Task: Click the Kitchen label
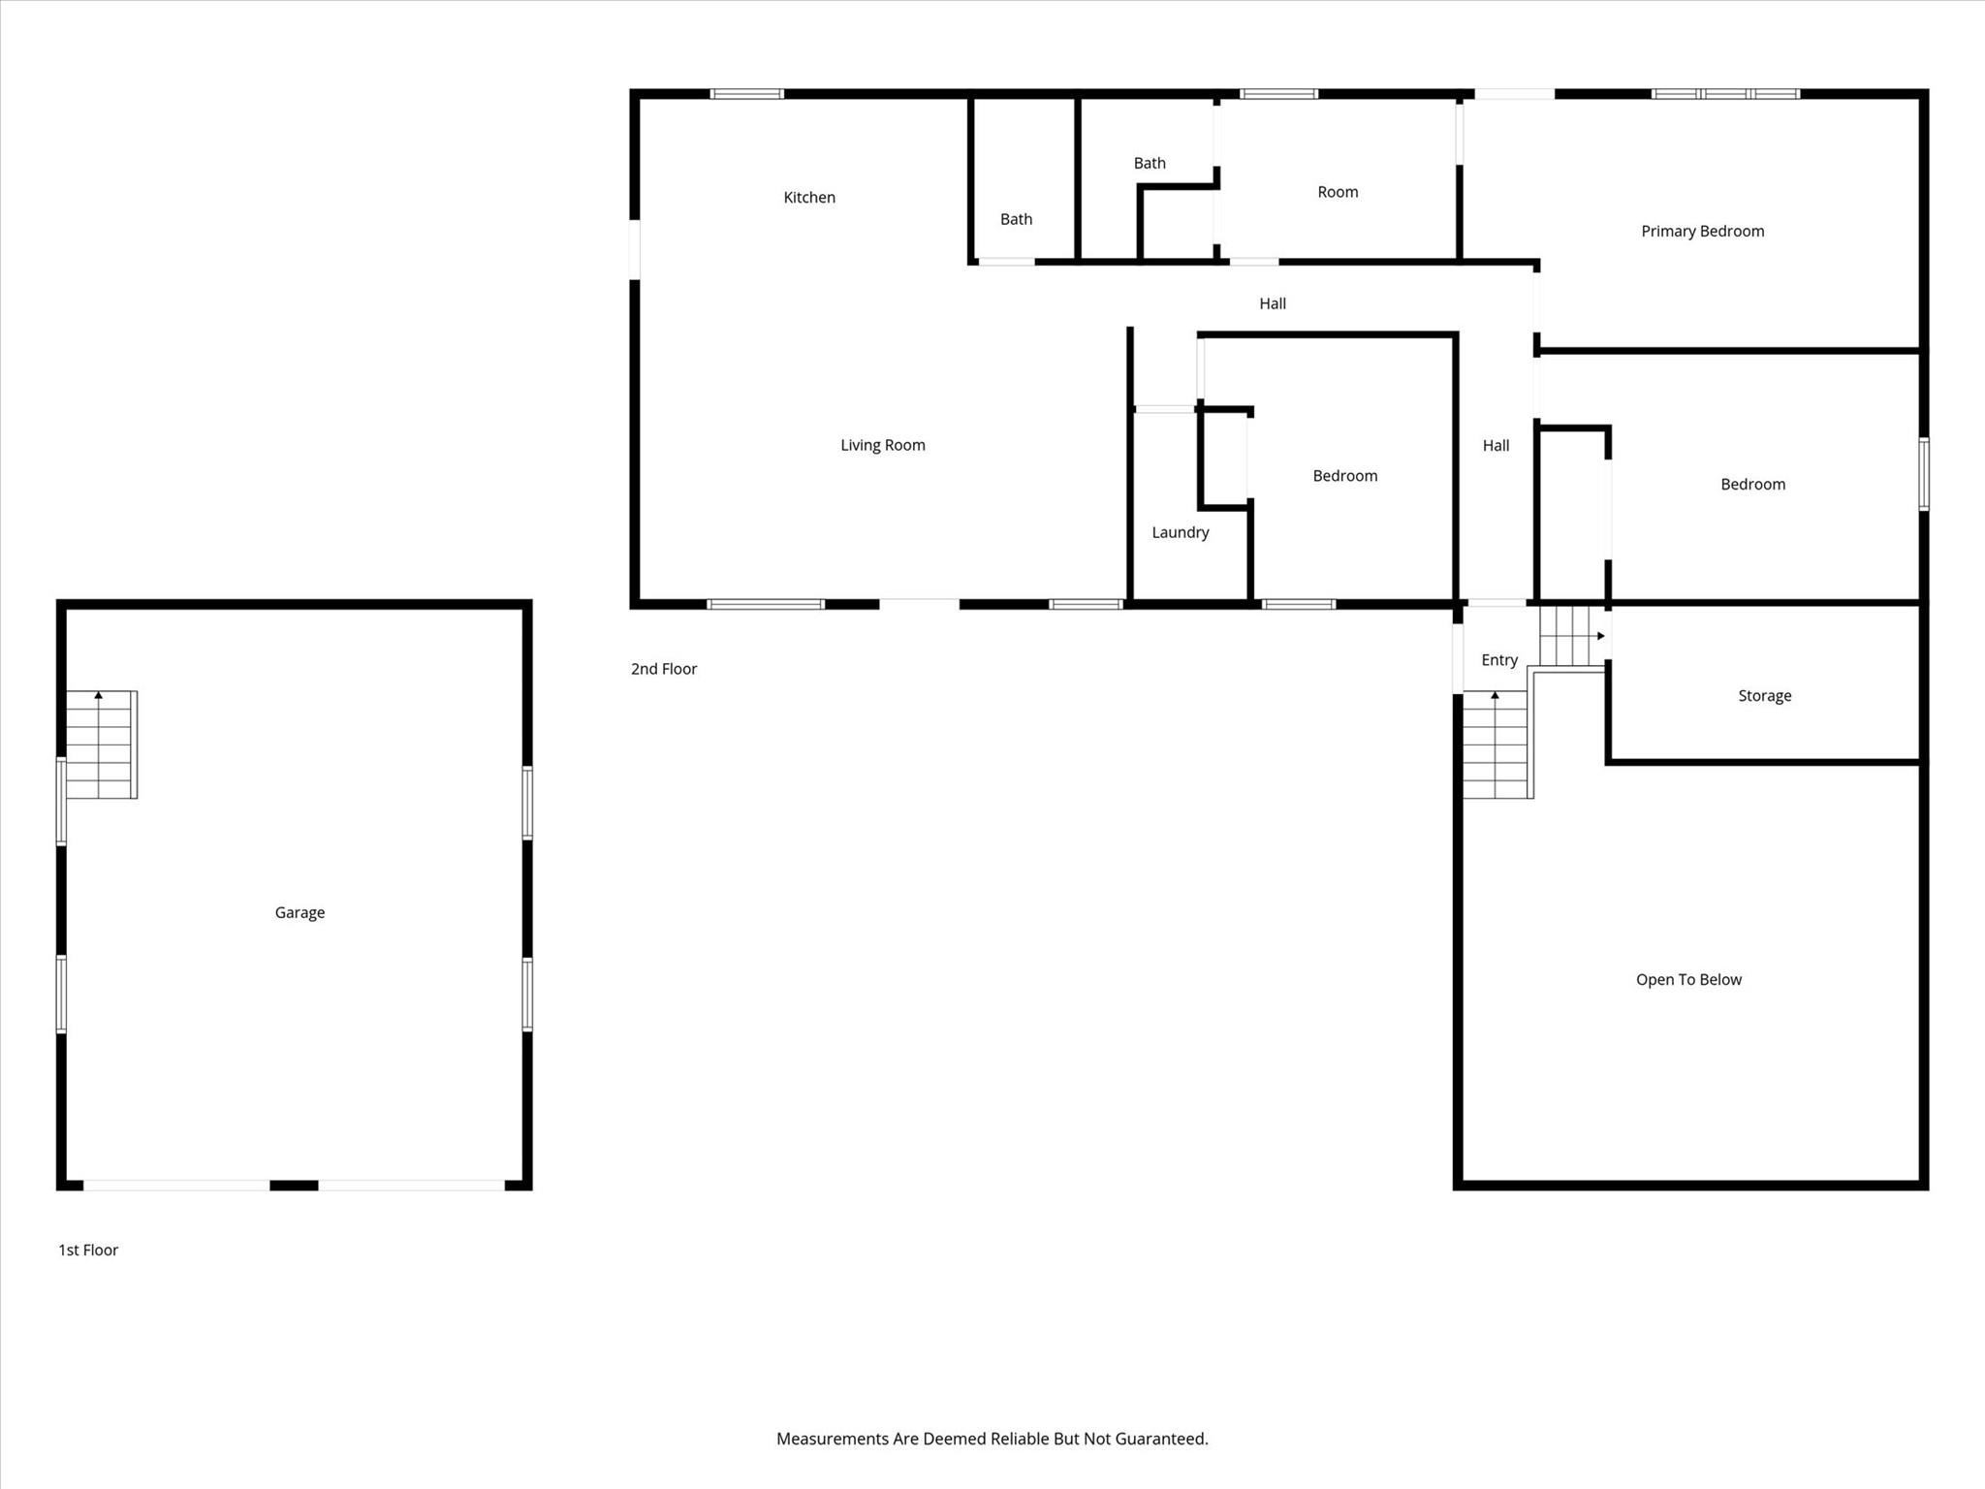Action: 809,198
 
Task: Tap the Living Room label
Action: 882,445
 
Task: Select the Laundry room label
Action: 1180,532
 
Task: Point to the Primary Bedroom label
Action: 1702,231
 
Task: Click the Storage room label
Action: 1764,696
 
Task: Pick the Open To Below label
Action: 1688,979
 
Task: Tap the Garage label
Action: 299,912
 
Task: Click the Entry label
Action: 1499,660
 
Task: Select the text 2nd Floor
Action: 664,669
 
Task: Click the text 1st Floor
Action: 88,1250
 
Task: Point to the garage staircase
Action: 101,744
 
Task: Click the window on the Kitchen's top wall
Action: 746,94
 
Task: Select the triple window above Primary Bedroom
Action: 1725,94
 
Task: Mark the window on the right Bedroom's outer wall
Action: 1924,473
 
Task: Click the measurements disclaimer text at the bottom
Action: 992,1439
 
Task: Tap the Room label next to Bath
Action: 1338,192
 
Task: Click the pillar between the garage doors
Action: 294,1185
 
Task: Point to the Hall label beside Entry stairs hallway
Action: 1496,446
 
